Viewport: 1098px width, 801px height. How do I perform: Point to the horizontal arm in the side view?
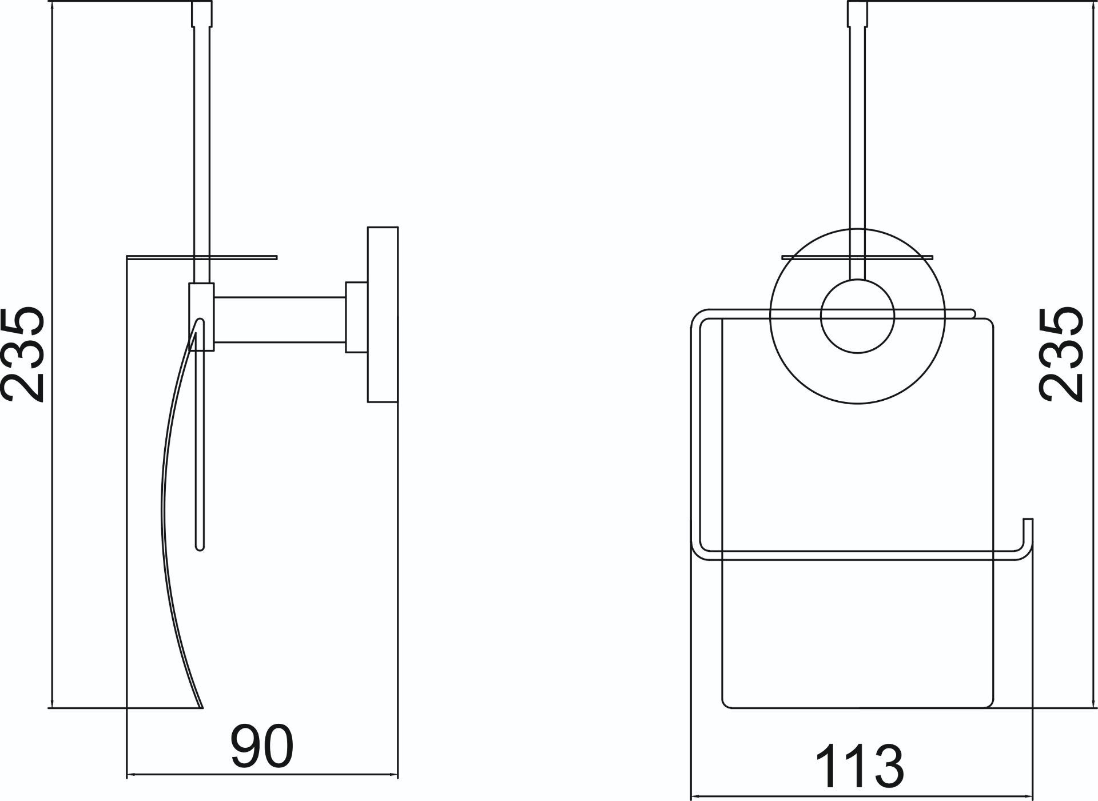tap(280, 320)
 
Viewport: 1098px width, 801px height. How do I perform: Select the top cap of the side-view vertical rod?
tap(202, 13)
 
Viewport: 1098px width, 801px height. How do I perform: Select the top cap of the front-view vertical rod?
tap(857, 13)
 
